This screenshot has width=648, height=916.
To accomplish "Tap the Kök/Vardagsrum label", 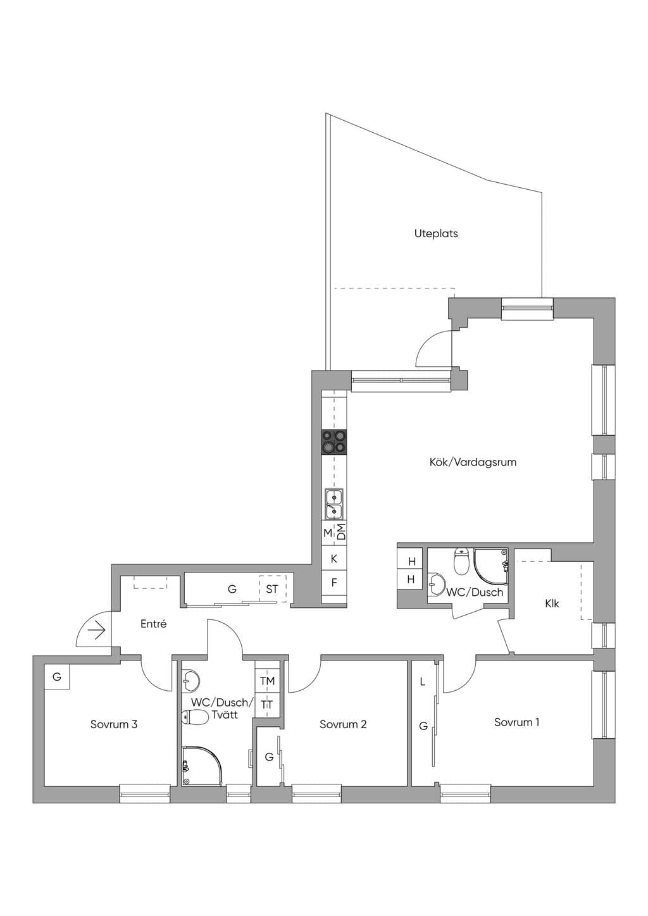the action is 473,462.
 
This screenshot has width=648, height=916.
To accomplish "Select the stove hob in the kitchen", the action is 334,442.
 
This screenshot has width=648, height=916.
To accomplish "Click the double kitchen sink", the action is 334,504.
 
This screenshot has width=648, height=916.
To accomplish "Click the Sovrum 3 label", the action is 114,724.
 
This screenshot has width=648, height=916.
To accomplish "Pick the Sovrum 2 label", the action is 343,724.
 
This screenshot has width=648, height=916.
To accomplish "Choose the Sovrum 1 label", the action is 516,722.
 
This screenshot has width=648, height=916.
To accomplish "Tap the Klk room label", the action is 552,603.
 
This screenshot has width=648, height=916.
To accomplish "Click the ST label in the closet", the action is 272,589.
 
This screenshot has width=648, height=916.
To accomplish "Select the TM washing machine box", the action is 267,681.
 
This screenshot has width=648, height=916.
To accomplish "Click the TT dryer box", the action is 267,705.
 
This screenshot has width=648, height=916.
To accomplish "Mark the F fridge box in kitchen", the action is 334,583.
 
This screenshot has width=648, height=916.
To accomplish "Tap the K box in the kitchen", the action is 334,558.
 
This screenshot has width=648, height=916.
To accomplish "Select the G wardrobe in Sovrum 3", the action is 57,677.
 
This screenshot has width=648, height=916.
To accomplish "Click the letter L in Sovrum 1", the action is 423,682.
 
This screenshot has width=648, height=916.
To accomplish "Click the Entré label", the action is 153,624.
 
